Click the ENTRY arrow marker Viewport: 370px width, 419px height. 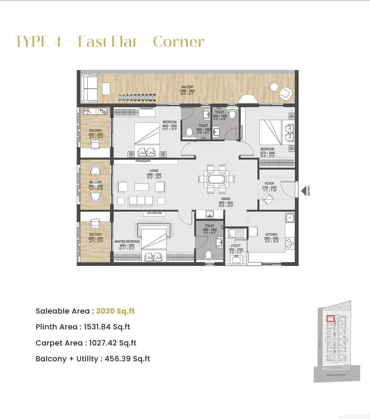303,191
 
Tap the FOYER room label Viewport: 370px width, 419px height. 269,183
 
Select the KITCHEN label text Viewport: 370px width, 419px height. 271,235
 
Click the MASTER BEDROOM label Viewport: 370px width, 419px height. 127,242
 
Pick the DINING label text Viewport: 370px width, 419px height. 225,199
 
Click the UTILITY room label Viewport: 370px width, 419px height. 235,246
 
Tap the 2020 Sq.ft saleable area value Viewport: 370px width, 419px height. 115,311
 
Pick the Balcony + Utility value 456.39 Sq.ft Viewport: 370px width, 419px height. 127,359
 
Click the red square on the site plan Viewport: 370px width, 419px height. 330,318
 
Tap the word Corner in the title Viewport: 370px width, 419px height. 179,42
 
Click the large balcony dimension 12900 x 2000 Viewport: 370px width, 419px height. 187,91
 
